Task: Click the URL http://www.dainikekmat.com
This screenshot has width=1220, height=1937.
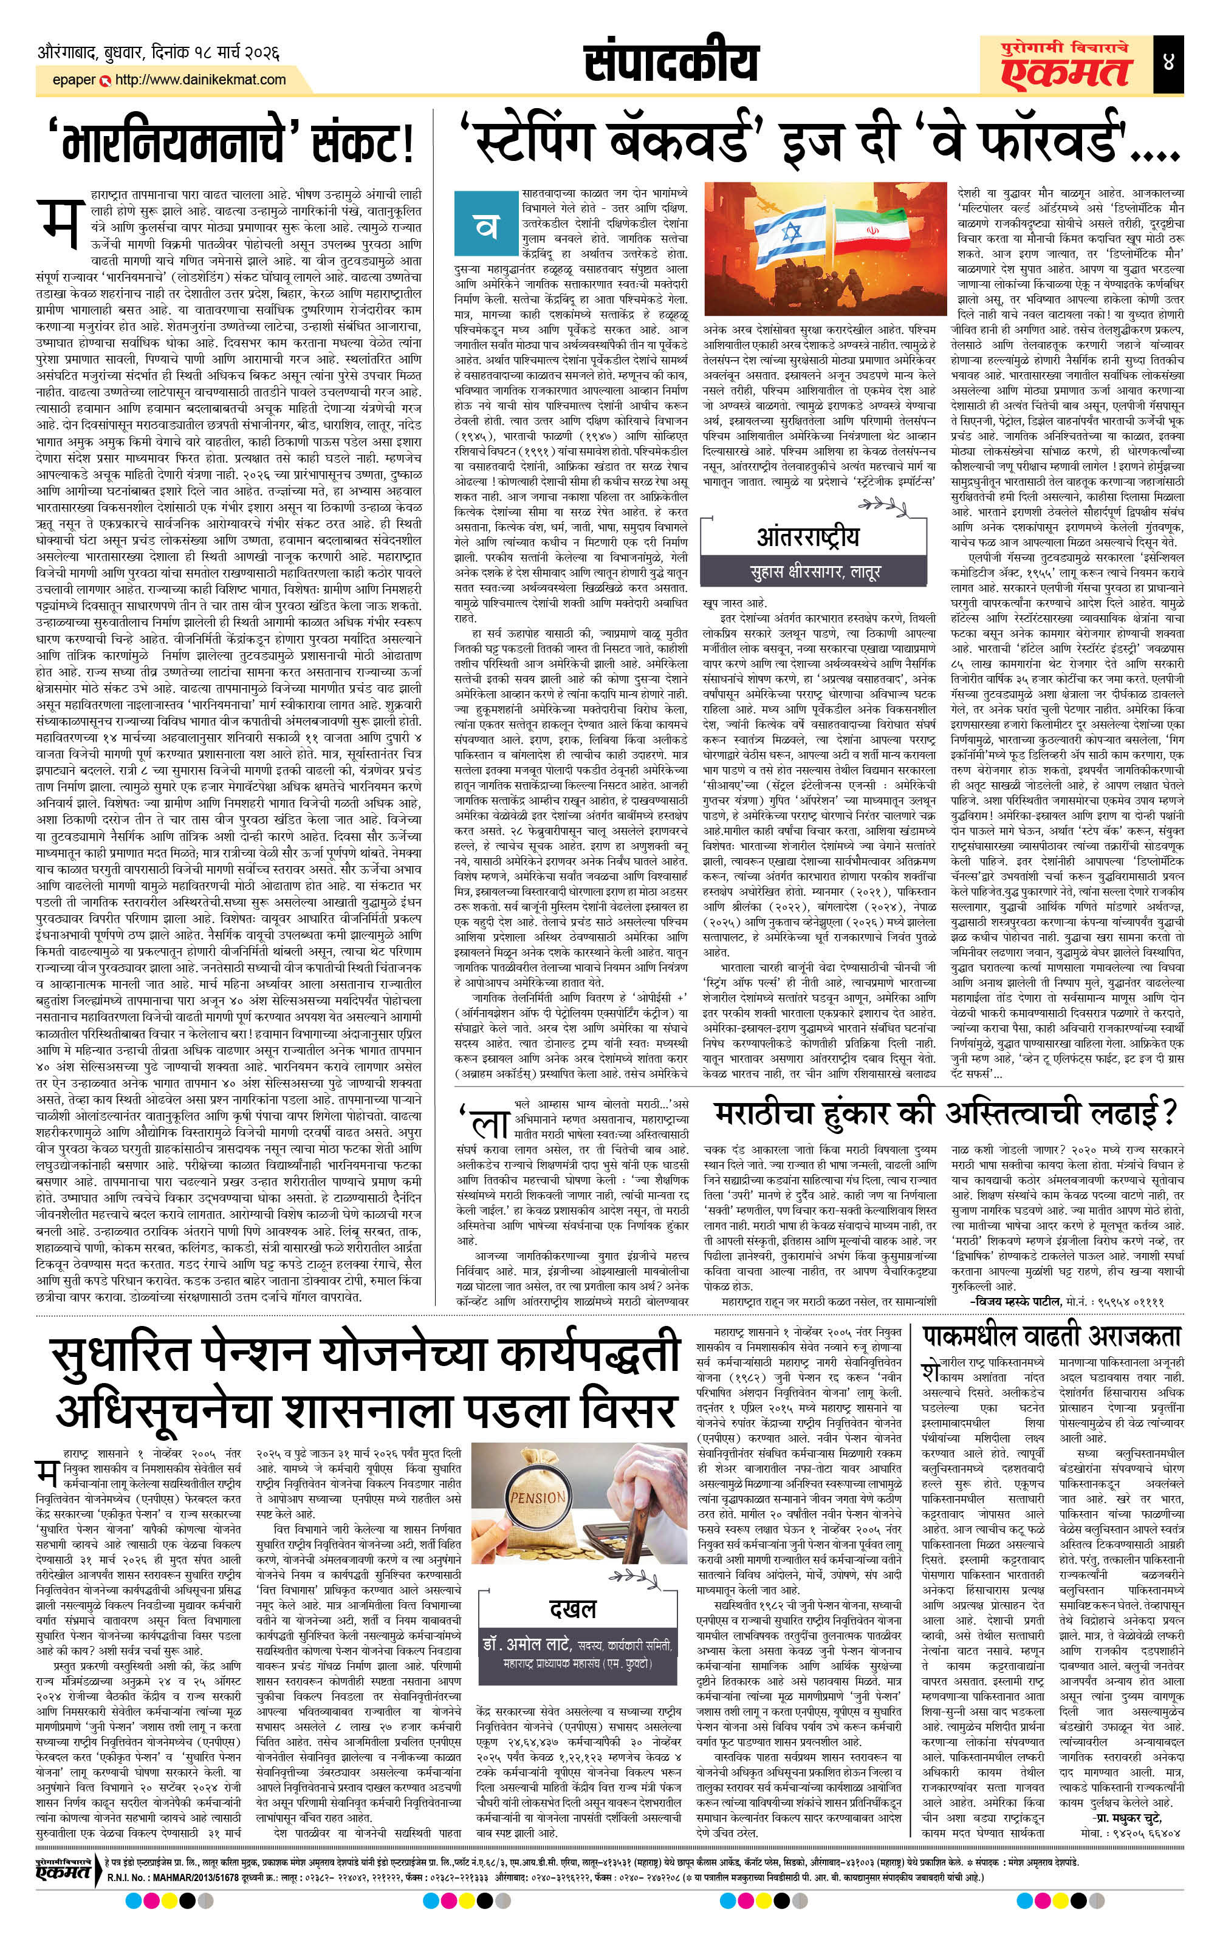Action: pos(200,80)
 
